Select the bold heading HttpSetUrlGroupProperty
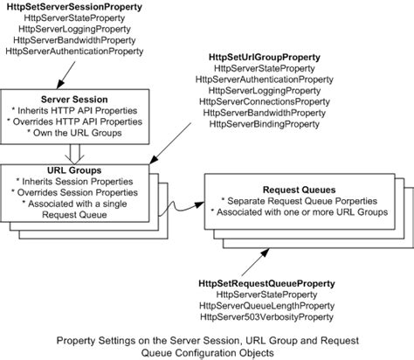(265, 58)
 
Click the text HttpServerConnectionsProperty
(265, 114)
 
